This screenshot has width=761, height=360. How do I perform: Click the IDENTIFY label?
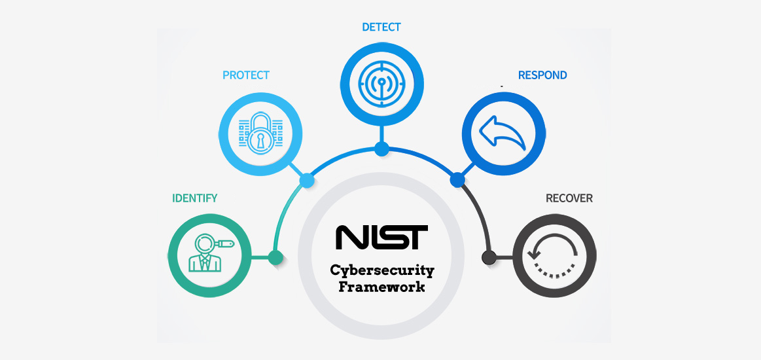[194, 198]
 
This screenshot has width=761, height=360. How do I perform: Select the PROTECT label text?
[245, 75]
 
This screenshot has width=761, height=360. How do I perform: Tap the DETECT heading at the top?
[381, 27]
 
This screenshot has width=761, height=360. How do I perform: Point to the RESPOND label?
[542, 75]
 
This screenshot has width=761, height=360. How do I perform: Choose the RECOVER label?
[569, 198]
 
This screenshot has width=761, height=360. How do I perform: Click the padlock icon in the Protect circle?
[260, 134]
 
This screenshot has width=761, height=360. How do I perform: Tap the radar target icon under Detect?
[381, 83]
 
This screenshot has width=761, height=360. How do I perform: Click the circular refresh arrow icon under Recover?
[554, 257]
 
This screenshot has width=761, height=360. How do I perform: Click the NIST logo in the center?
[381, 238]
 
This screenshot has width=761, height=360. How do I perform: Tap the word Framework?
[381, 287]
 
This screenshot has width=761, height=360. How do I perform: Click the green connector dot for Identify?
[275, 257]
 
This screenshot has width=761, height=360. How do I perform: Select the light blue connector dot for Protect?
[306, 179]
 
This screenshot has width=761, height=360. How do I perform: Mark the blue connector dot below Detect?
[381, 148]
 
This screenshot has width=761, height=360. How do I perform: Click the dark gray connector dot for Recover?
[488, 257]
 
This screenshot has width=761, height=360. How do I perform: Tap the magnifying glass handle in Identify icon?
[225, 244]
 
